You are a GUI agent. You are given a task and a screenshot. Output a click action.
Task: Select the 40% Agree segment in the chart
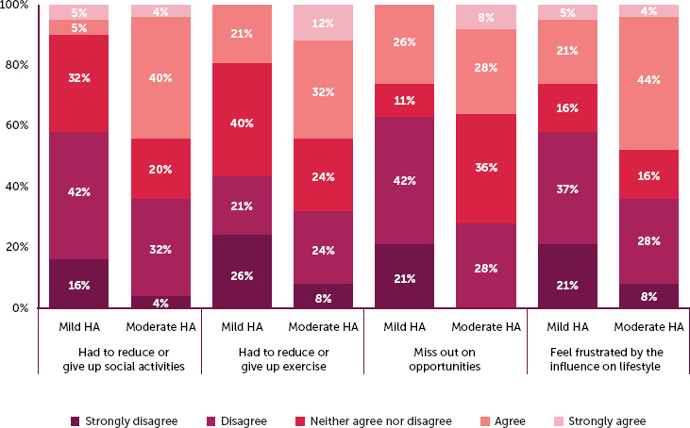pyautogui.click(x=160, y=77)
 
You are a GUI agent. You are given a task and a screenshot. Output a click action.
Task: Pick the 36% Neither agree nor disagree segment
pyautogui.click(x=485, y=168)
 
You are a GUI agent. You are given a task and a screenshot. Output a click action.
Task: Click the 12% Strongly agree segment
pyautogui.click(x=323, y=23)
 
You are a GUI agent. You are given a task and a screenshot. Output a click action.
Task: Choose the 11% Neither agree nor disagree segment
pyautogui.click(x=404, y=100)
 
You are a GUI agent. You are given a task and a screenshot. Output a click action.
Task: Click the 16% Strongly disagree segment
pyautogui.click(x=77, y=283)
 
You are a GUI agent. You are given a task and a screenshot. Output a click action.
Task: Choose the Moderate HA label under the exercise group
pyautogui.click(x=323, y=326)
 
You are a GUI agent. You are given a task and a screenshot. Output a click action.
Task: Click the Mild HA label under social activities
pyautogui.click(x=77, y=326)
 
